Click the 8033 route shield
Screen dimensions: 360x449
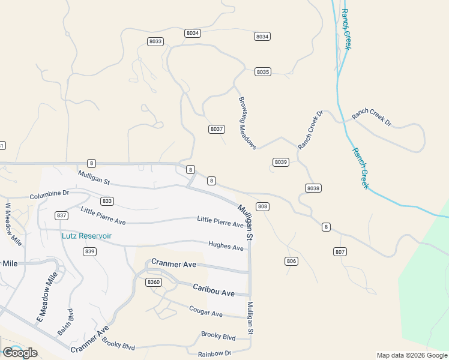tap(155, 41)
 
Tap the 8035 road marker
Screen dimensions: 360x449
tap(263, 72)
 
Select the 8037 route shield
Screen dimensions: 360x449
tap(217, 129)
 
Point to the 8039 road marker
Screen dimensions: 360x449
tap(281, 162)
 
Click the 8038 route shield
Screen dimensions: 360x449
tap(313, 188)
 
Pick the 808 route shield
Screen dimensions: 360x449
tap(262, 206)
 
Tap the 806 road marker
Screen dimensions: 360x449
tap(292, 261)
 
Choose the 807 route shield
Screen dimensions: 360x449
tap(340, 251)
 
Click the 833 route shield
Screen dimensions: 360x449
tap(107, 201)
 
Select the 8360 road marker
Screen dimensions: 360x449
tap(154, 282)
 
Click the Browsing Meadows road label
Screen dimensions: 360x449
tap(247, 124)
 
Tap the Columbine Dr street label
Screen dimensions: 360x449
tap(50, 194)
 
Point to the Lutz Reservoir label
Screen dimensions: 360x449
tap(86, 236)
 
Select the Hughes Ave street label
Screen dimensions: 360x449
tap(226, 246)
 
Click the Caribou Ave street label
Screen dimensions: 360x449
tap(213, 290)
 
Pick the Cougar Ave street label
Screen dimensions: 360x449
tap(205, 312)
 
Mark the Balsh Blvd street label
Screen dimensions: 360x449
tap(65, 322)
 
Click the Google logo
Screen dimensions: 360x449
tap(20, 353)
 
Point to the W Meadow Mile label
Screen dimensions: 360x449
tap(13, 224)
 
